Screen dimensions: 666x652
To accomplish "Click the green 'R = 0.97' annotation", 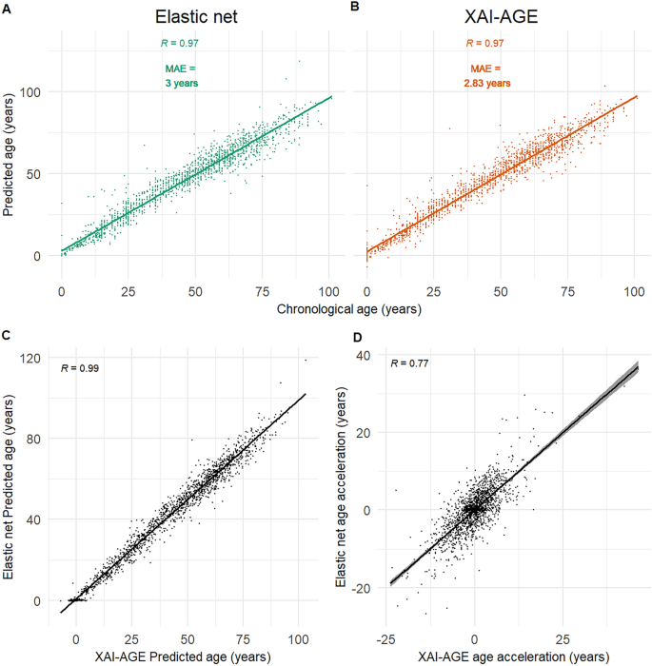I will [179, 44].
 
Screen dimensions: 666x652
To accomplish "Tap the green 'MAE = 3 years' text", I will [179, 75].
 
